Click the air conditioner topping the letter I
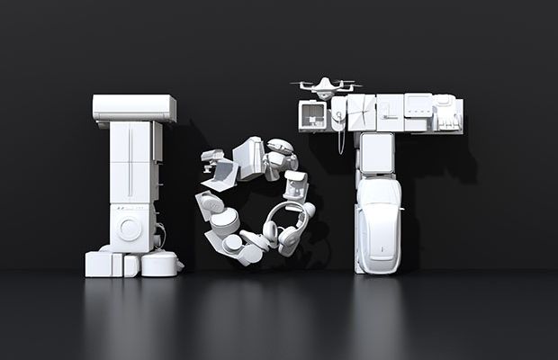(134, 108)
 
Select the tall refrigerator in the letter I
(131, 162)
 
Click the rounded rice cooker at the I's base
(160, 264)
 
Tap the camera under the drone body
(323, 94)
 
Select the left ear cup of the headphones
(271, 231)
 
